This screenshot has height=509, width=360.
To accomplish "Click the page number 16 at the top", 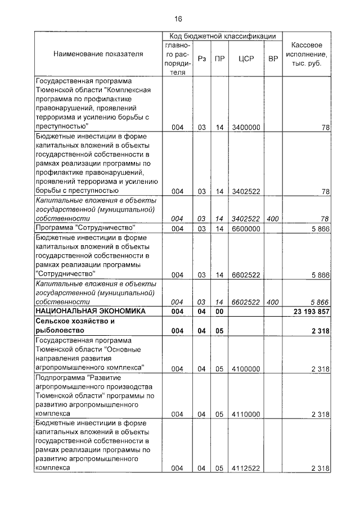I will [178, 18].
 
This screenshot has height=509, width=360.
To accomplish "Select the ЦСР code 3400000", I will [246, 128].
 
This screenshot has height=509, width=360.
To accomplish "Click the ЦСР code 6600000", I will [246, 229].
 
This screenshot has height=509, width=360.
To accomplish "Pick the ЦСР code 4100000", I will [246, 368].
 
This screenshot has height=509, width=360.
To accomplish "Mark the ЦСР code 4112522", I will [246, 468].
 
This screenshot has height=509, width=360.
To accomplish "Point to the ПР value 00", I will [219, 311].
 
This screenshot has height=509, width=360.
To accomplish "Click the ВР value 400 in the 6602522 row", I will [273, 301].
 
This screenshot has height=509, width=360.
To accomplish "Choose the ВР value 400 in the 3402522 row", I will [273, 219].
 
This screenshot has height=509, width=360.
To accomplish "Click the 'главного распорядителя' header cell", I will [178, 58].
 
